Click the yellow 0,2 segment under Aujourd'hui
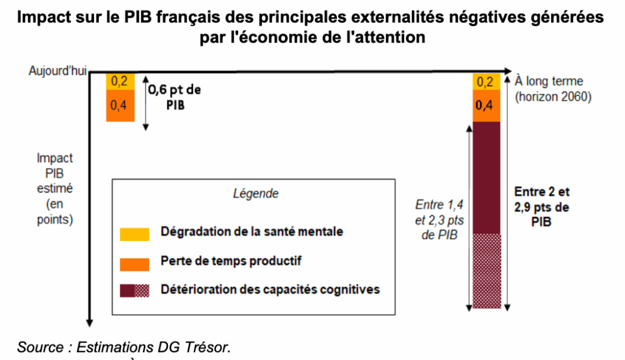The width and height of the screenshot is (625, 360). coord(120,81)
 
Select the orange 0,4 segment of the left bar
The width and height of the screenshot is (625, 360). coord(120,105)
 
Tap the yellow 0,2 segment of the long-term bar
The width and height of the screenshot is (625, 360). coord(486,82)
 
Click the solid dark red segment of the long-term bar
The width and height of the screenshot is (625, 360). coord(486,177)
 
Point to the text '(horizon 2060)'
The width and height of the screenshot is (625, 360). coord(553,96)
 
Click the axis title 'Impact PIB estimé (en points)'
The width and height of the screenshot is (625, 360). coord(54,189)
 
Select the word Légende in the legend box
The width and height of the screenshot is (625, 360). coord(256,194)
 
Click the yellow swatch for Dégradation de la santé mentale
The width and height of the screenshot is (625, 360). coord(134,233)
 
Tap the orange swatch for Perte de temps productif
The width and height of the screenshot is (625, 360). coord(134,263)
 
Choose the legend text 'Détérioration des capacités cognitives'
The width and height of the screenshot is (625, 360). coord(270,289)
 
